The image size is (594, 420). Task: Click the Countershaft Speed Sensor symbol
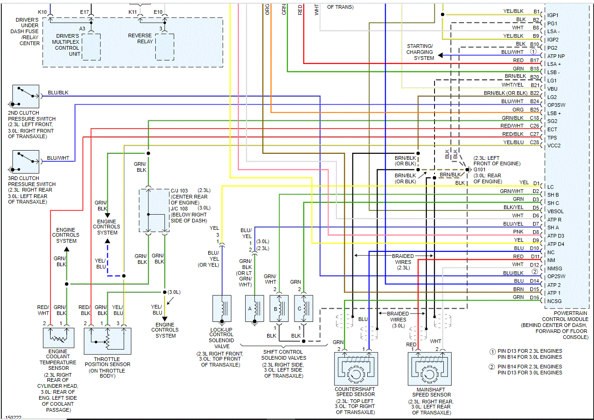(x=356, y=369)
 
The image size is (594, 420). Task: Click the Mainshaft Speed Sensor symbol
(x=429, y=369)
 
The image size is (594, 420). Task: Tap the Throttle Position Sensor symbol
(x=107, y=341)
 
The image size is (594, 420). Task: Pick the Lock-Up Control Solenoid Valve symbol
(x=222, y=308)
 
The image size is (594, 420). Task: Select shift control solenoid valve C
(x=303, y=308)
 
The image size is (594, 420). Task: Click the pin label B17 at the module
(x=534, y=60)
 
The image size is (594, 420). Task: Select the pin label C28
(x=534, y=142)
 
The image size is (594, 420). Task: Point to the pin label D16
(x=534, y=297)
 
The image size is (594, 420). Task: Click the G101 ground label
(x=479, y=169)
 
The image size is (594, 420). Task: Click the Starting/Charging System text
(x=419, y=52)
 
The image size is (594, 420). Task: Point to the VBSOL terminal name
(x=556, y=211)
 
